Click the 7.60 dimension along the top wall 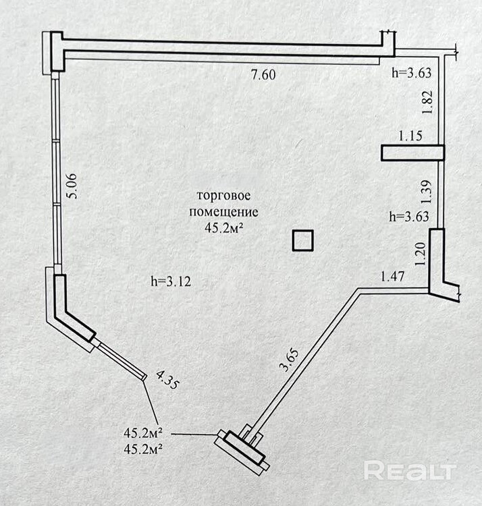point(263,75)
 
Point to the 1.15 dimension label point(410,136)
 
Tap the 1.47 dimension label point(393,275)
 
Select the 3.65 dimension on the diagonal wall point(288,359)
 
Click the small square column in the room point(302,241)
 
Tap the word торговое point(223,196)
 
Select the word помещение point(223,212)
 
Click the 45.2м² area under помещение point(223,228)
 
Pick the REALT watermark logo point(410,469)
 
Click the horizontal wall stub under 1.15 point(412,153)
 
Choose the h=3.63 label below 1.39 point(412,217)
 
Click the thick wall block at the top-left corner point(54,51)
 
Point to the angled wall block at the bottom point(242,447)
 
